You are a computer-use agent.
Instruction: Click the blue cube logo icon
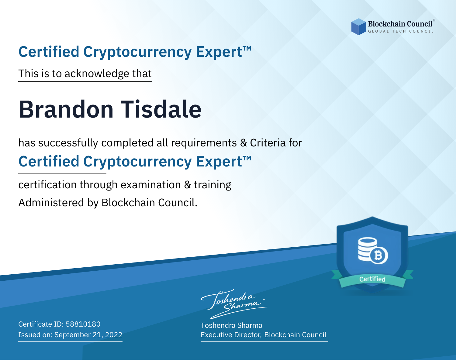click(358, 27)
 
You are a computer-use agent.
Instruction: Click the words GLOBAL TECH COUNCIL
click(401, 31)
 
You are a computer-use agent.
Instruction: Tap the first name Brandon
click(66, 109)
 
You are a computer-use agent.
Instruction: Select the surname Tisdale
click(161, 109)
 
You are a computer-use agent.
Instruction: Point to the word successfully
click(68, 143)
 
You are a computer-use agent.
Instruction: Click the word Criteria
click(268, 143)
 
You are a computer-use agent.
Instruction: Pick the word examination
click(151, 185)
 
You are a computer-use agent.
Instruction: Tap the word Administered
click(51, 203)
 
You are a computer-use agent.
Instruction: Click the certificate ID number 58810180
click(83, 324)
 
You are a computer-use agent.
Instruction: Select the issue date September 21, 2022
click(88, 335)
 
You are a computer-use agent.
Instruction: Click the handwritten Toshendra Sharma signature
click(234, 304)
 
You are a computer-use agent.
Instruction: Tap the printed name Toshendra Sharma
click(231, 325)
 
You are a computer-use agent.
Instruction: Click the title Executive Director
click(231, 335)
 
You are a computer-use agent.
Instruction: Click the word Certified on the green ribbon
click(372, 279)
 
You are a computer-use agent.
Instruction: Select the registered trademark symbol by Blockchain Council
click(434, 20)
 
